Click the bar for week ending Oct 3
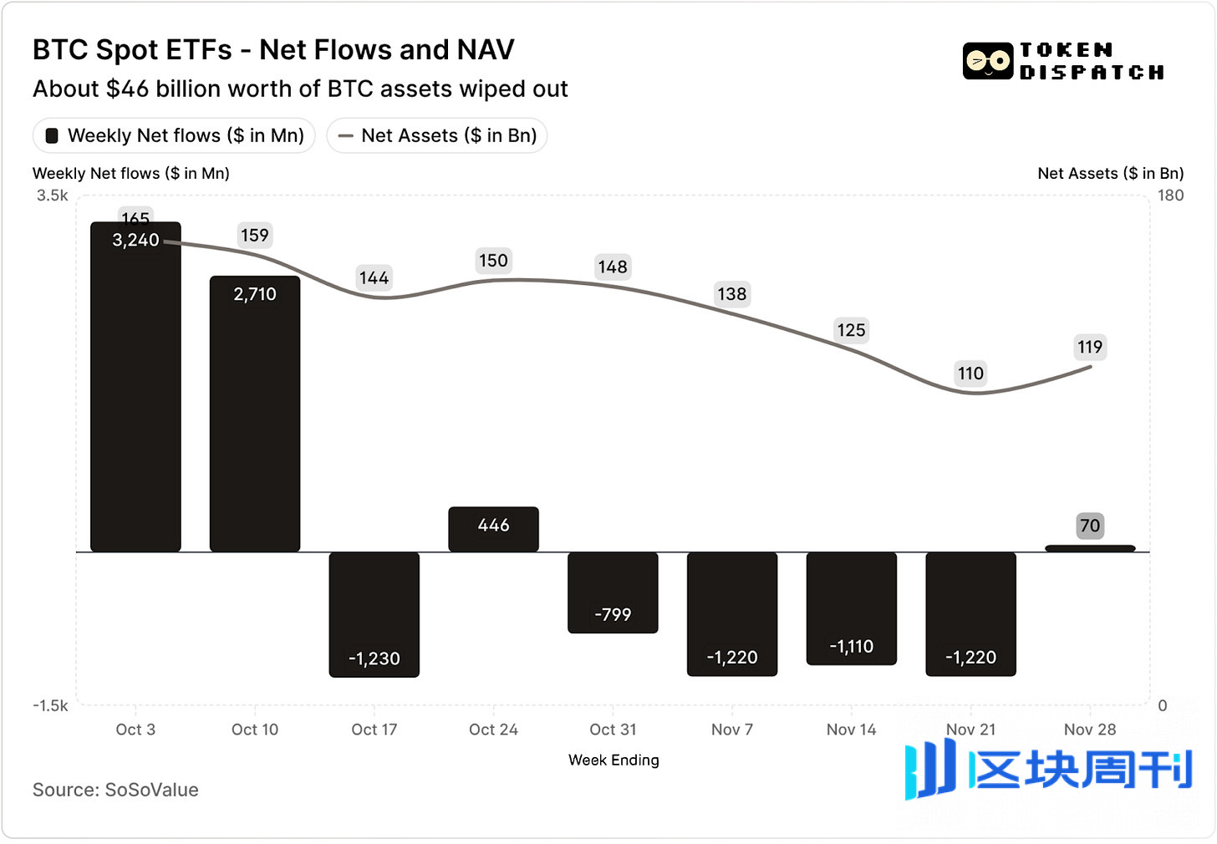pos(135,393)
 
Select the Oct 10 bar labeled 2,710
pos(255,418)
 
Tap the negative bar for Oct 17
pos(374,614)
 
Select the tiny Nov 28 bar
pos(1090,548)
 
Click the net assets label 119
pos(1090,347)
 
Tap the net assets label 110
pos(970,373)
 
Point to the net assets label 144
pos(374,277)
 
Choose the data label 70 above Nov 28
pos(1090,526)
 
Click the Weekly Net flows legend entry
pos(174,135)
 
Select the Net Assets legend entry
pos(437,135)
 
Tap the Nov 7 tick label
pos(732,730)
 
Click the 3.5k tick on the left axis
pos(52,196)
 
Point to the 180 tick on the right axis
pos(1170,196)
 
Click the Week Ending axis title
pos(614,760)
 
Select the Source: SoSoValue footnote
pos(115,790)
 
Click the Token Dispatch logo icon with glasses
pos(988,61)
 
